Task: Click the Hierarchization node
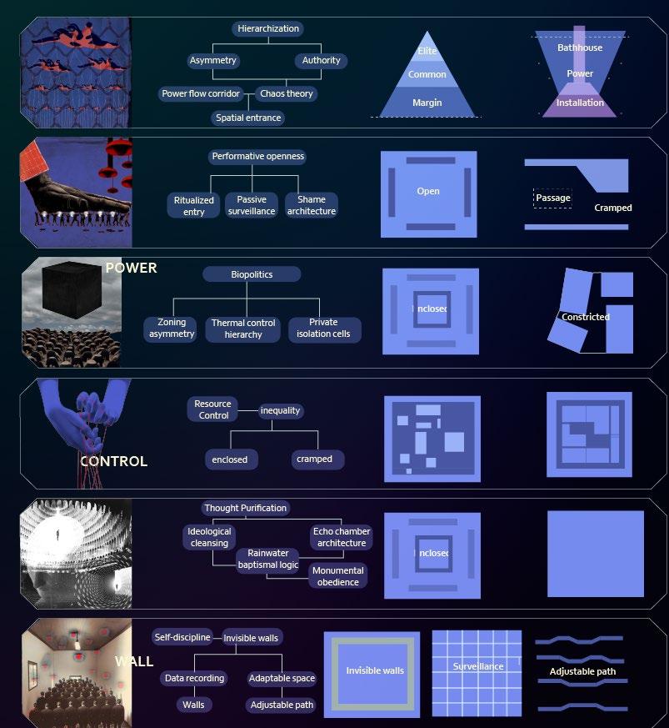pos(267,28)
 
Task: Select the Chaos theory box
pos(286,93)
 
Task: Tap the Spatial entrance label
pos(248,118)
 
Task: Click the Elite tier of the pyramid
pos(427,51)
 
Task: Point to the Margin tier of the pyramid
pos(427,103)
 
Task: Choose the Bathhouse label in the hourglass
pos(580,48)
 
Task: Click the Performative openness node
pos(258,156)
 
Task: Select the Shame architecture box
pos(312,205)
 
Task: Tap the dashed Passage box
pos(552,198)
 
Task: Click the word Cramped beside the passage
pos(612,208)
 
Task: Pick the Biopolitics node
pos(252,274)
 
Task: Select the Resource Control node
pos(213,409)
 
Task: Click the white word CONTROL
pos(113,461)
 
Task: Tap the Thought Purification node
pos(245,508)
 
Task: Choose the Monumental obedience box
pos(338,576)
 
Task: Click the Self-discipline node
pos(182,637)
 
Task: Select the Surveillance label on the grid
pos(478,667)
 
